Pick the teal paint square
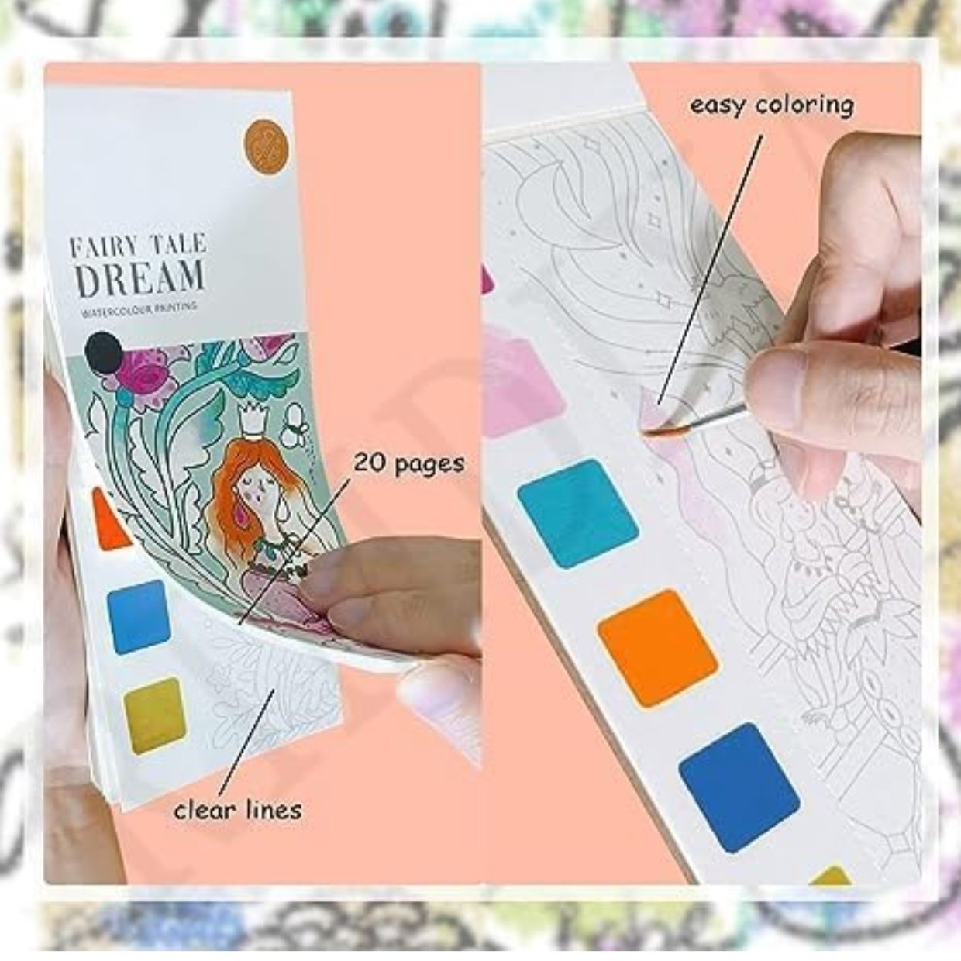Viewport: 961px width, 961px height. [x=578, y=514]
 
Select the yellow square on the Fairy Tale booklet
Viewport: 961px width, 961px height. [x=156, y=715]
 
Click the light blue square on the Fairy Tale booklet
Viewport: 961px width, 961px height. [x=139, y=617]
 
